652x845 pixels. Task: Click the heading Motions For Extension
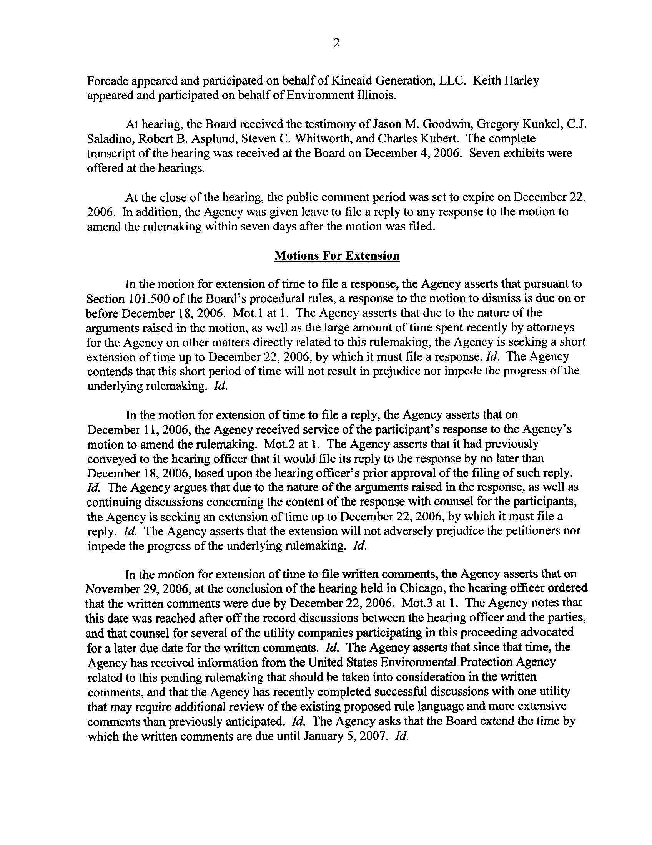coord(336,256)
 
